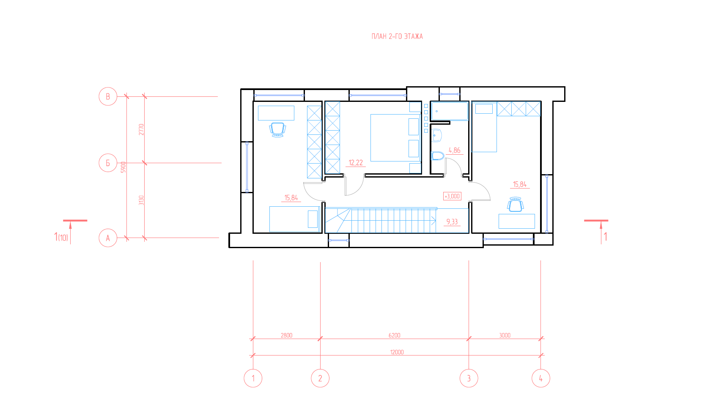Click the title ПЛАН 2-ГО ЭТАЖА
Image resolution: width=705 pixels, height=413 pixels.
(397, 36)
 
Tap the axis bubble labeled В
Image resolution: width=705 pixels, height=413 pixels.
(108, 96)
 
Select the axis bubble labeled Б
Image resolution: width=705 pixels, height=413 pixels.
(108, 163)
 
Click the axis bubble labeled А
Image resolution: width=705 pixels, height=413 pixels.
(108, 238)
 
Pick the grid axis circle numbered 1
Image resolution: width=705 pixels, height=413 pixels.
(253, 378)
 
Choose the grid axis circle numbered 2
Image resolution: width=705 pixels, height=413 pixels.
(320, 378)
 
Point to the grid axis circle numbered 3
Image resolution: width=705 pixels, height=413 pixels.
(469, 378)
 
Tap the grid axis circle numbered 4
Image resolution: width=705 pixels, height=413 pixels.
(541, 378)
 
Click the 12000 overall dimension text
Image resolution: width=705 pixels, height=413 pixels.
(397, 352)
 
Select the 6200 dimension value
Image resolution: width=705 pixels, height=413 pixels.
(394, 335)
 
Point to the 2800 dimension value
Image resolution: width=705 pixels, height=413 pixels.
(286, 335)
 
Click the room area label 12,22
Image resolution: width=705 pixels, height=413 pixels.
(356, 163)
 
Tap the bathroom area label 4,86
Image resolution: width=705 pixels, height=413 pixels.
(455, 150)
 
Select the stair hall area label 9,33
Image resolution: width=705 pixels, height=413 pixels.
(452, 222)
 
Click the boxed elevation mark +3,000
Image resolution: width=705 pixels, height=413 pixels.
(452, 196)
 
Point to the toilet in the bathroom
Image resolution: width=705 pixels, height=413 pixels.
(437, 156)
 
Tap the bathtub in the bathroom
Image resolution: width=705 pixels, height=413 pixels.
(450, 111)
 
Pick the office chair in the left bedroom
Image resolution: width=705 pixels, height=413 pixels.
(277, 130)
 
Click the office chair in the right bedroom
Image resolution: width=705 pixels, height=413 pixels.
(516, 205)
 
